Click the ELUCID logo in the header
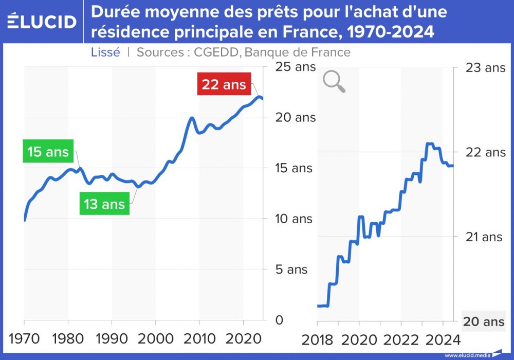pos(42,21)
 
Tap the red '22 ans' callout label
pos(224,84)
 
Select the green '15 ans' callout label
pos(48,152)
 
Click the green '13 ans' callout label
pos(104,204)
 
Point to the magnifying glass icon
pos(334,82)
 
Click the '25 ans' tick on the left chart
pos(296,67)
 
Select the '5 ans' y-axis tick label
pos(290,269)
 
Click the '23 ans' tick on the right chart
pos(485,67)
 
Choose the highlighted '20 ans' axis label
pos(484,322)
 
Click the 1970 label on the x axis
pos(24,340)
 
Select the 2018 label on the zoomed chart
pos(318,340)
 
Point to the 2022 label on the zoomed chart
pos(401,340)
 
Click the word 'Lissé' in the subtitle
pos(105,52)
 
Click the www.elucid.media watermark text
pos(467,355)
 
